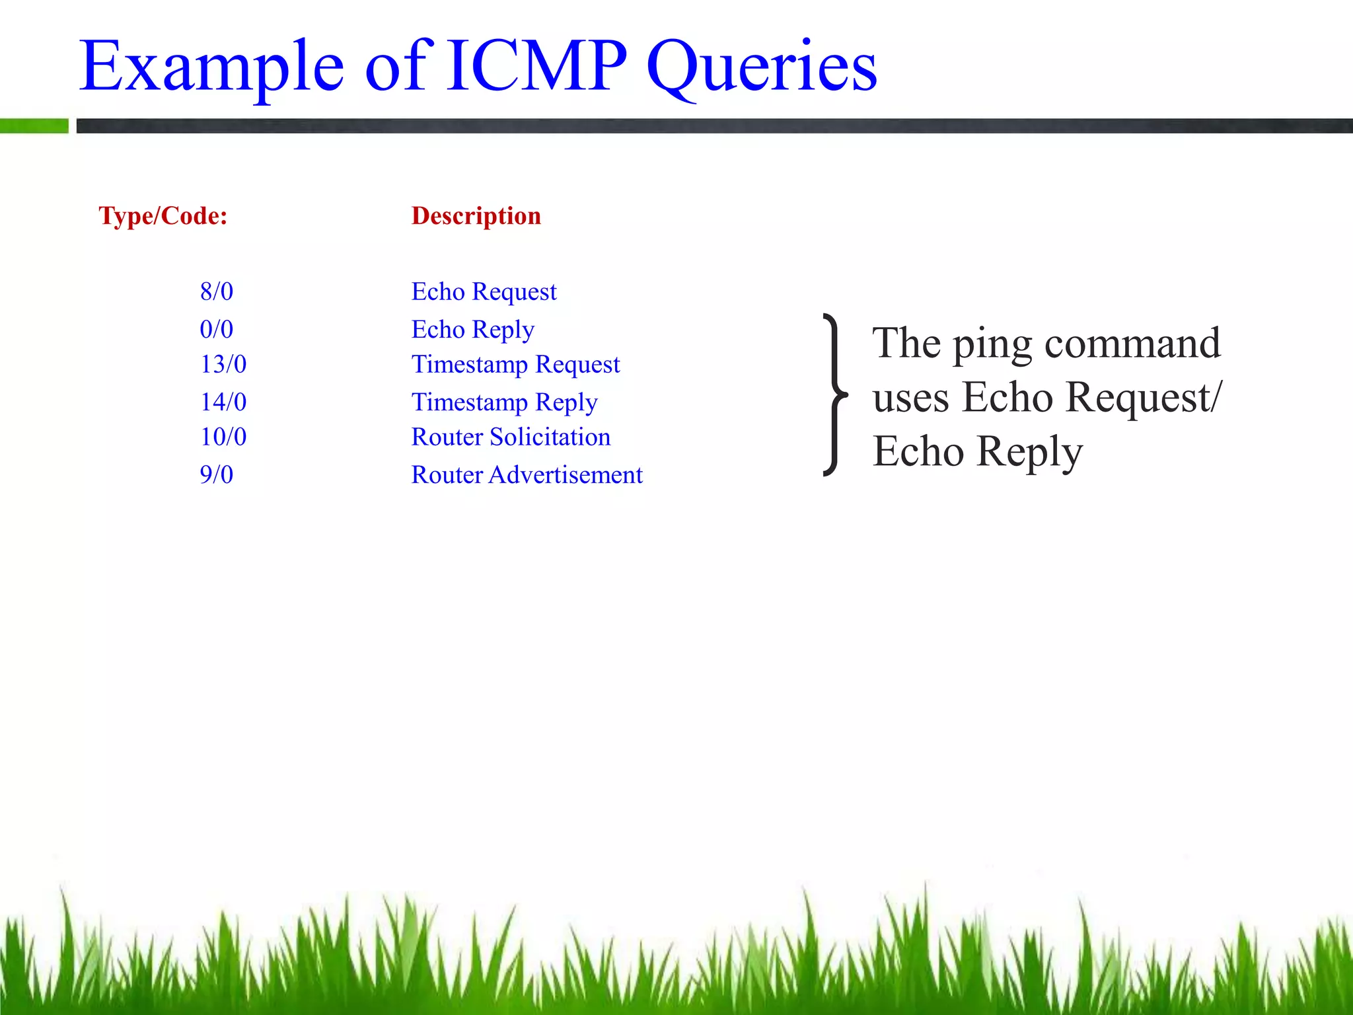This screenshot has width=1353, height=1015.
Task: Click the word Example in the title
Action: pos(212,66)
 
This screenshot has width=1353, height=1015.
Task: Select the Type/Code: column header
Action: pos(163,216)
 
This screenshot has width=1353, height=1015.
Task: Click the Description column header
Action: pos(476,216)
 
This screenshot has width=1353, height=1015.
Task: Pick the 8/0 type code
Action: pos(217,291)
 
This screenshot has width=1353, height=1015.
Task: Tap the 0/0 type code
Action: pos(217,329)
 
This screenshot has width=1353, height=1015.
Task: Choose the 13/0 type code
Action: pos(223,364)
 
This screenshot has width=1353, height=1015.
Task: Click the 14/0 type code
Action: pos(223,402)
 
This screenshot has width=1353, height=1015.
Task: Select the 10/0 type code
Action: pos(223,437)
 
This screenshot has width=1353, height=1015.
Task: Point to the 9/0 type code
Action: pos(217,474)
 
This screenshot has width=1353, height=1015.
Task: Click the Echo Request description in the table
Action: pos(484,291)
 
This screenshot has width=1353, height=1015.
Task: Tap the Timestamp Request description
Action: pos(515,364)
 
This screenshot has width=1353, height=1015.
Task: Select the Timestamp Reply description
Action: pos(504,402)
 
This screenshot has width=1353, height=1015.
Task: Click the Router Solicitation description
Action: pos(511,437)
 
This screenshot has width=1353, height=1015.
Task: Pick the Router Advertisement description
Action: pos(527,474)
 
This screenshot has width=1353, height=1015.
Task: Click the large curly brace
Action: pos(836,395)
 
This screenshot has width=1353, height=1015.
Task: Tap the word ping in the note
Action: pos(992,345)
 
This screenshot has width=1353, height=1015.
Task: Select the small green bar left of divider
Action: pos(34,126)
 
